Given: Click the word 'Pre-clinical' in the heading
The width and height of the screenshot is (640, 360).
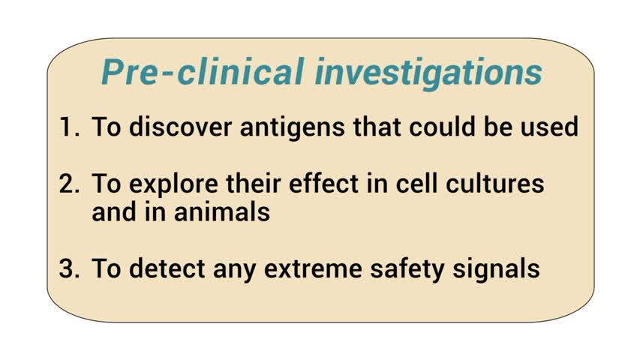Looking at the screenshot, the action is click(203, 71).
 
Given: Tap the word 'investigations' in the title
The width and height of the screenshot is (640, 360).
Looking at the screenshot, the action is click(428, 73).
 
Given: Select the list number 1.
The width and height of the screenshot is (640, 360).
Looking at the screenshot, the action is click(69, 127).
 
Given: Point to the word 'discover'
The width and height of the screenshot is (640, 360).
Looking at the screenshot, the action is click(180, 126).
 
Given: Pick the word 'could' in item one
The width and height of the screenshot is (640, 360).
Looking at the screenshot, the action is click(442, 126).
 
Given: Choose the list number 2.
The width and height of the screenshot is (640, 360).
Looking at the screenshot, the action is click(69, 184).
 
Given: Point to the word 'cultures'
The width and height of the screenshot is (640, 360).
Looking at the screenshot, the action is click(494, 183).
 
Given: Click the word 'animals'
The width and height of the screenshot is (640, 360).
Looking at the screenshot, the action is click(221, 211).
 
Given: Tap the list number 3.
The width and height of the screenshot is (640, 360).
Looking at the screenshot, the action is click(69, 268).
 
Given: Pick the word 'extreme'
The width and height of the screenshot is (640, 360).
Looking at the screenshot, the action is click(313, 270).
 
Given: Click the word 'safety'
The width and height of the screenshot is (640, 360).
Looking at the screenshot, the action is click(407, 270).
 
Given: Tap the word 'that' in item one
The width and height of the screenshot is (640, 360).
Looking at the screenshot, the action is click(377, 126).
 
